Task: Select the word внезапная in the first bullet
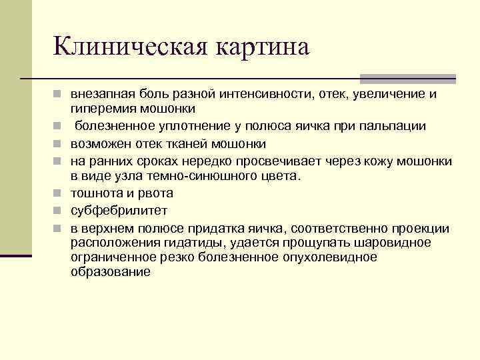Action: pos(98,94)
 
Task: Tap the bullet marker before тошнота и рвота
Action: pos(59,194)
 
